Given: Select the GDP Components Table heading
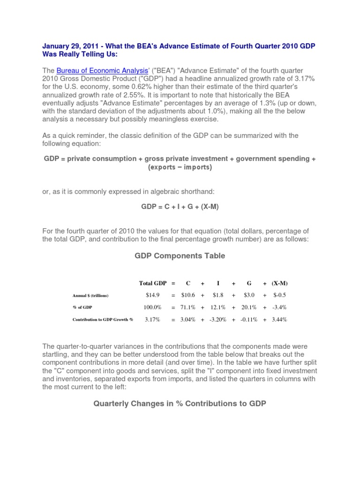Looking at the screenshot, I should [x=180, y=255].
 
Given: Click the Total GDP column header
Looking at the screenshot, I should [x=153, y=283].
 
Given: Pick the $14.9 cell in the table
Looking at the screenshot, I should [x=153, y=295].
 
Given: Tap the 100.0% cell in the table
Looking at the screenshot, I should [x=153, y=307].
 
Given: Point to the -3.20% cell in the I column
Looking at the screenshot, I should [x=218, y=319].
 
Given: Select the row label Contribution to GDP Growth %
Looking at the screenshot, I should [x=103, y=320].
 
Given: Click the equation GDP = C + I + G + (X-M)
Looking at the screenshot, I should [x=180, y=207].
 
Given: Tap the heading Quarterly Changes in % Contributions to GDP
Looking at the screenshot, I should [x=180, y=403].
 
